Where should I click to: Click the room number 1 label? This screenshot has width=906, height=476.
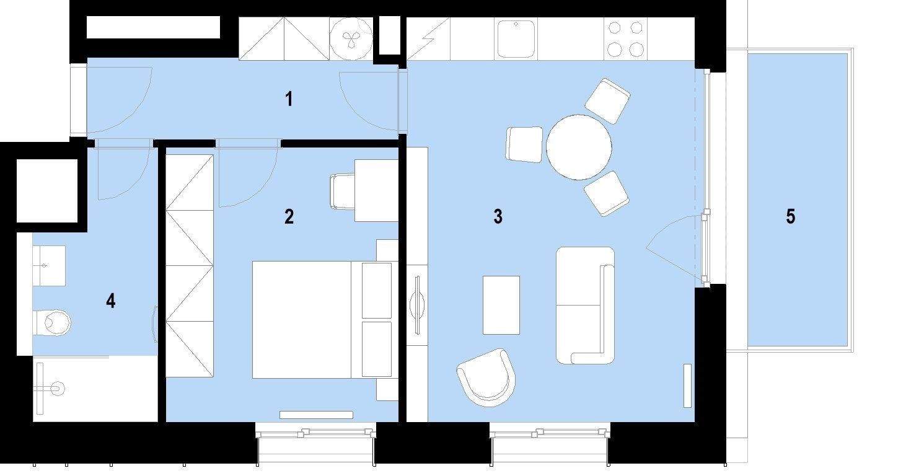tap(289, 99)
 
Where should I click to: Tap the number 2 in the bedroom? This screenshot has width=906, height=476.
tap(289, 217)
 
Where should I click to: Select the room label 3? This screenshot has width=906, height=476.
tap(498, 217)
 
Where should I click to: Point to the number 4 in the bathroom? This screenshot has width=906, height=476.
tap(110, 301)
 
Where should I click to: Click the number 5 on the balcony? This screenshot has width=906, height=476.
tap(790, 217)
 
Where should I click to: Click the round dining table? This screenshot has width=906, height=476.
tap(579, 147)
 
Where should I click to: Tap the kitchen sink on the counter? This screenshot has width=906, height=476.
tap(516, 38)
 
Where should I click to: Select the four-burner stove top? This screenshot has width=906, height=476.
tap(625, 38)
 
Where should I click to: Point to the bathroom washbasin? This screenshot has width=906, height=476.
tap(49, 265)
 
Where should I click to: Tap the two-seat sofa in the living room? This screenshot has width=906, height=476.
tap(585, 305)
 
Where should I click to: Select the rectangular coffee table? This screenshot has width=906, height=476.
tap(501, 305)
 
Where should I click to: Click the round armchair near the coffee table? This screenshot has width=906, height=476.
tap(488, 376)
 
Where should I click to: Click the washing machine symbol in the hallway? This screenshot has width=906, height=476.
tap(351, 38)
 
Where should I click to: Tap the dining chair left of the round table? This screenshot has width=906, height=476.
tap(524, 144)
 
